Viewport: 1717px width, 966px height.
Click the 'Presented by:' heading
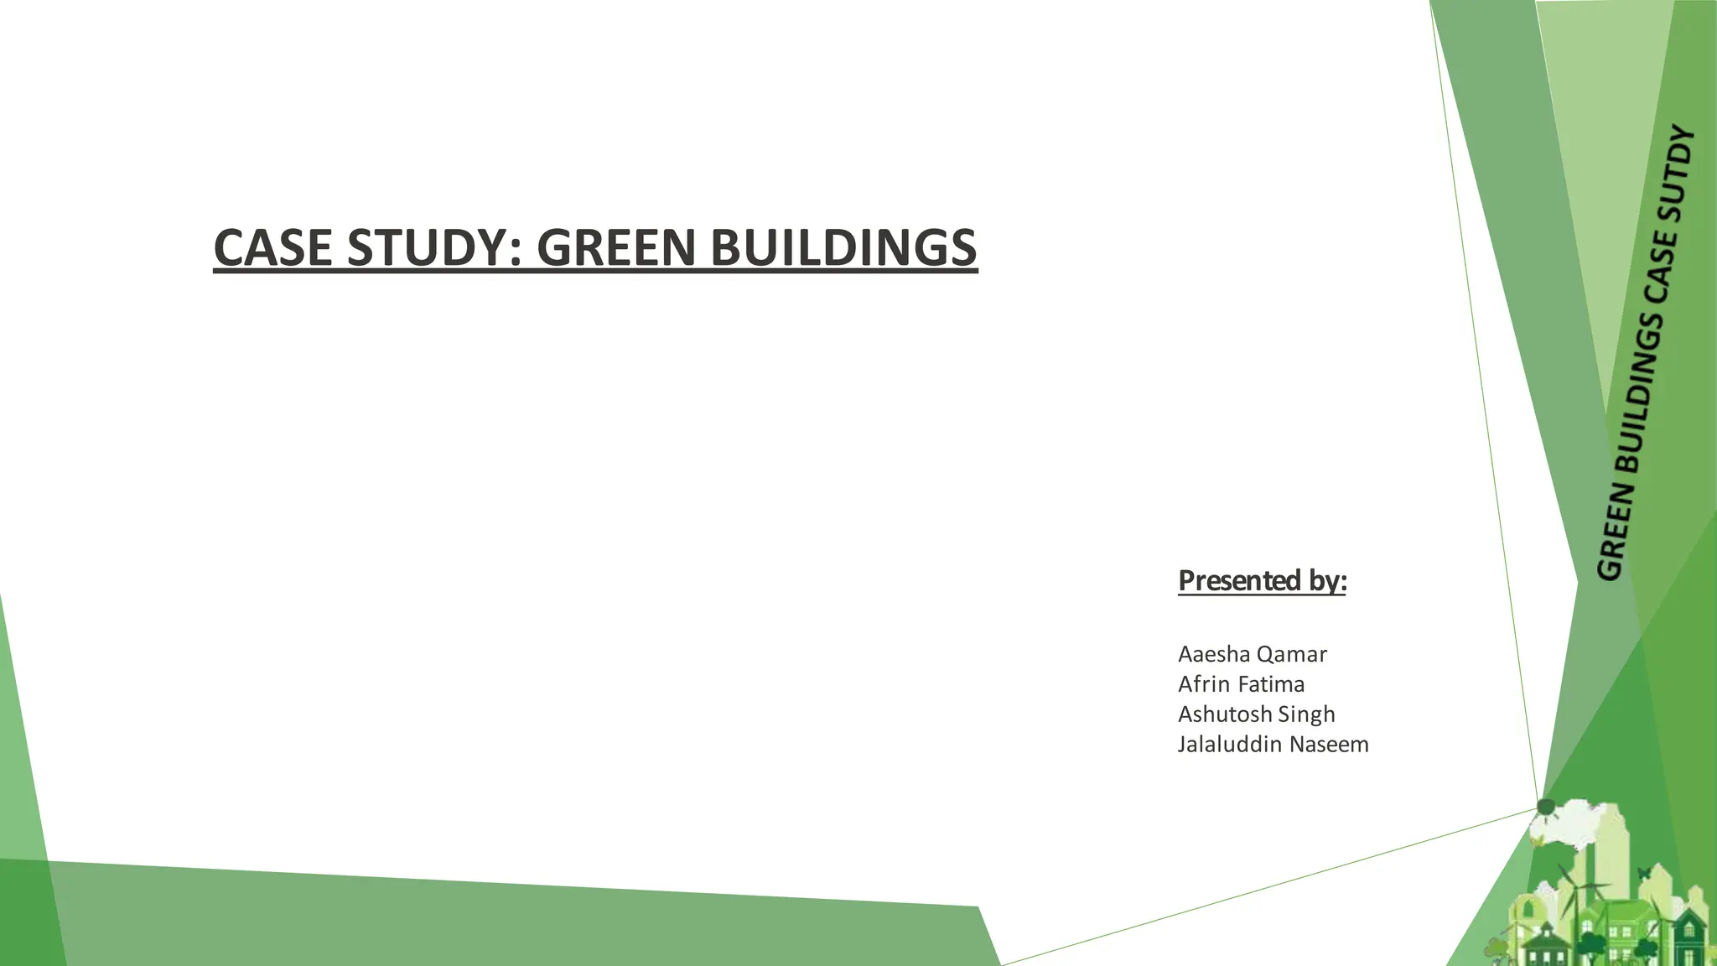point(1262,580)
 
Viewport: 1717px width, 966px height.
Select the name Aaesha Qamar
point(1252,654)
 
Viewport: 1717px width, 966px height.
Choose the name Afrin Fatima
point(1241,684)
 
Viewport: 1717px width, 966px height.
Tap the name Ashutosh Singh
point(1256,714)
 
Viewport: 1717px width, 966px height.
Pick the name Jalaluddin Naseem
point(1273,745)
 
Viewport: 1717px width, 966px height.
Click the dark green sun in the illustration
point(1546,808)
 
